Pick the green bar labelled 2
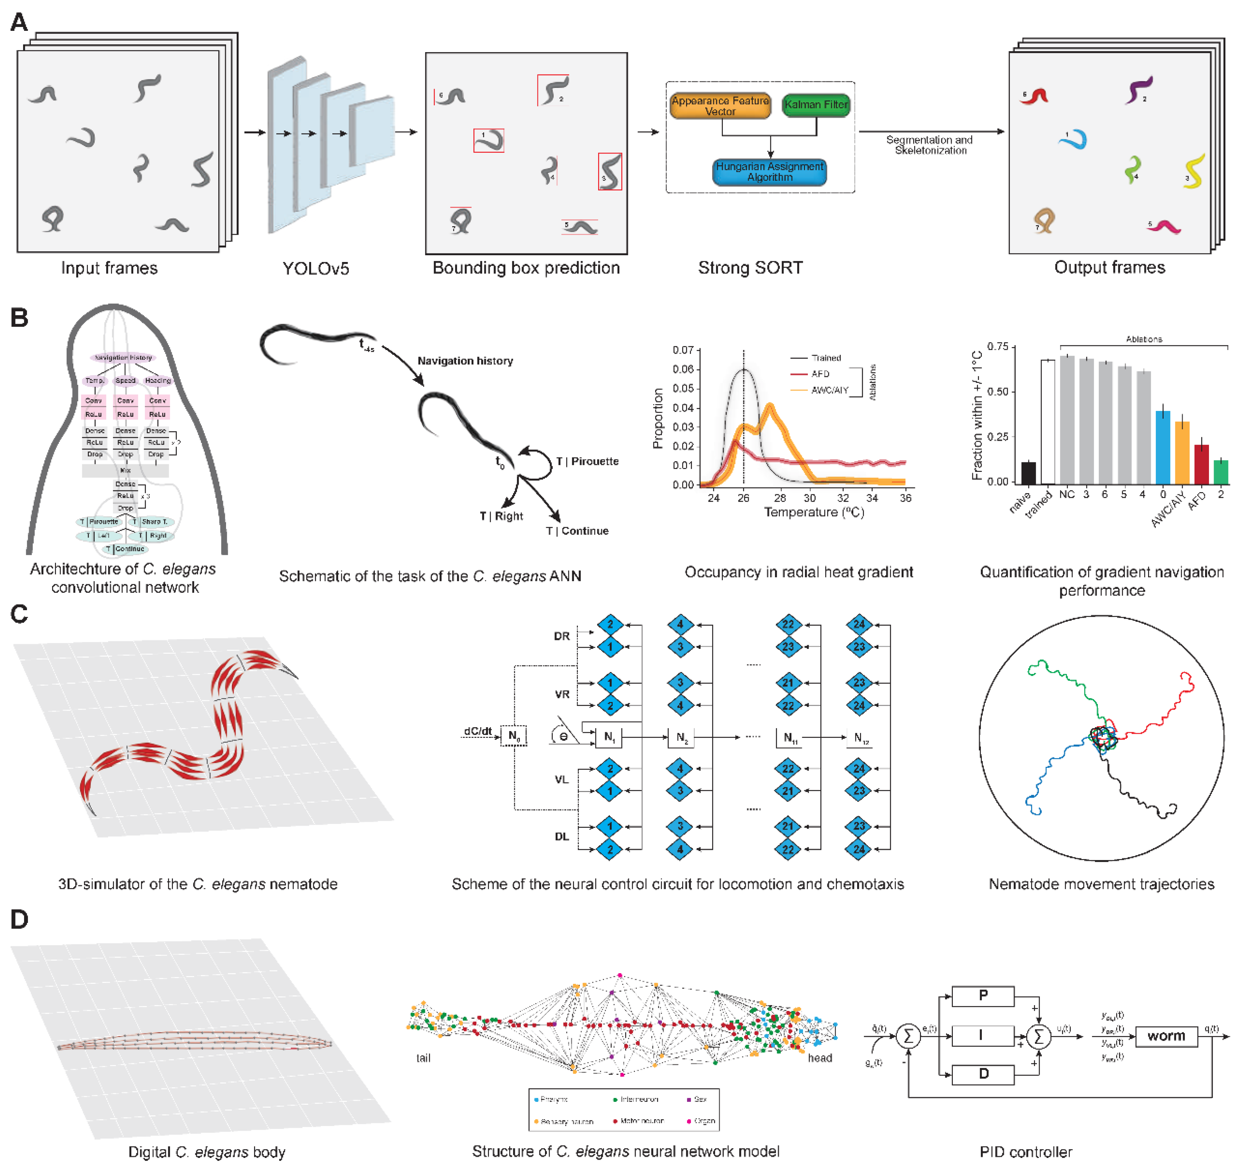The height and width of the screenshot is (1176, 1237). [x=1220, y=472]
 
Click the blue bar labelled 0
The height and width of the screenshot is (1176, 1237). [x=1163, y=446]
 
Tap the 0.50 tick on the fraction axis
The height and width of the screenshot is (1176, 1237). [x=997, y=392]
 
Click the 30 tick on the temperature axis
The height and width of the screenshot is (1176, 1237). [x=810, y=498]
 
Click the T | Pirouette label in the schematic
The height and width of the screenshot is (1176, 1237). [x=587, y=461]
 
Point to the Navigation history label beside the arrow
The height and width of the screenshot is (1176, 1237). [x=465, y=361]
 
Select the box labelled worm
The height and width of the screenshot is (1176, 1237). [x=1165, y=1036]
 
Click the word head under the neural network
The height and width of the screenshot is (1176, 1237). [x=819, y=1058]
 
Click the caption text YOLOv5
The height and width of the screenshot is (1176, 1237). [x=315, y=269]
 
